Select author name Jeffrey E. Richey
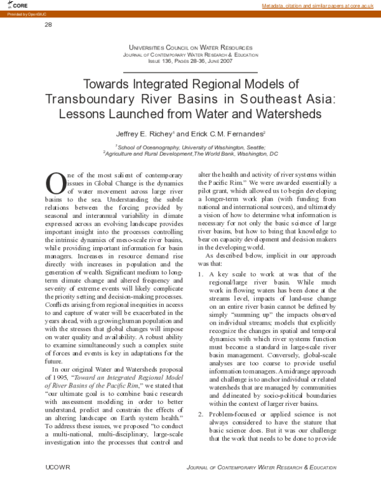(145, 134)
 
